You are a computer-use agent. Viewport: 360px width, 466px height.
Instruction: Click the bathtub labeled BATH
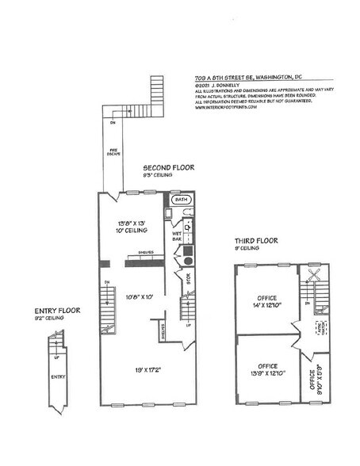coord(182,201)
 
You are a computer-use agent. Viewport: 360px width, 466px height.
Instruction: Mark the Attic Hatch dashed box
coord(320,327)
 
